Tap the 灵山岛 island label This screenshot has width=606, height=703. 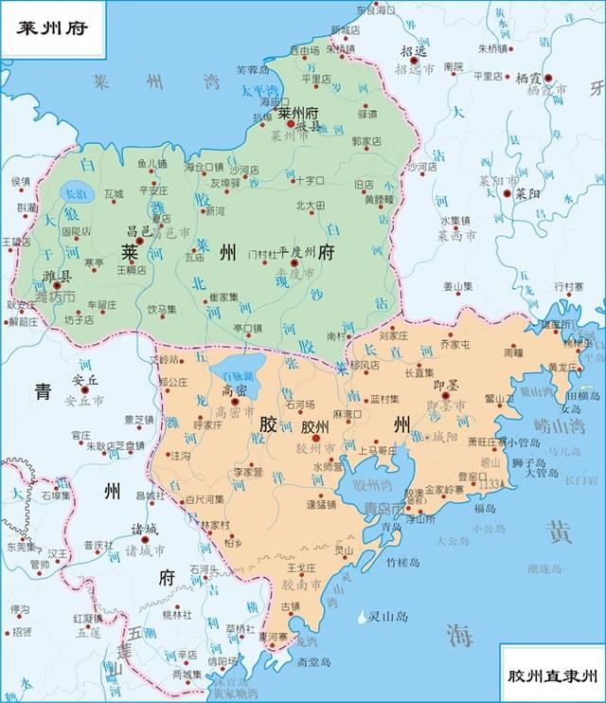389,617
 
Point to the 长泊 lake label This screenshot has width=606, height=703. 73,192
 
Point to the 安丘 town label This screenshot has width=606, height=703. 85,380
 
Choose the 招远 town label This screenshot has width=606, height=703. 414,52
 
